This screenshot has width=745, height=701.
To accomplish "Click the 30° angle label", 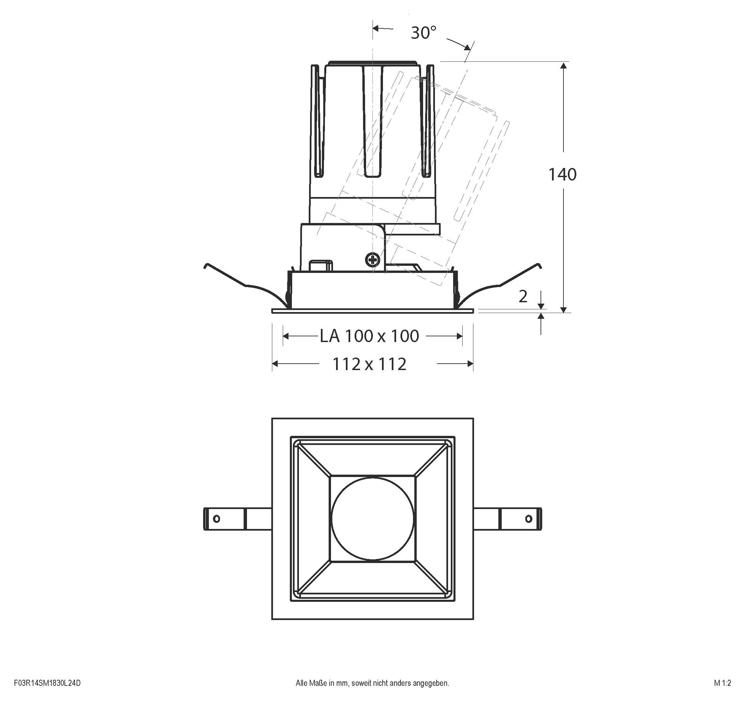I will tap(423, 33).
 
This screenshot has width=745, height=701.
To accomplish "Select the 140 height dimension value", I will tap(562, 175).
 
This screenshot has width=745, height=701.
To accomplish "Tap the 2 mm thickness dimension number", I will tap(523, 297).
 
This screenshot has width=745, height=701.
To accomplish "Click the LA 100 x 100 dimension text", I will tap(369, 336).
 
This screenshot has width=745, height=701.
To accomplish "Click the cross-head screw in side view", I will tap(373, 259).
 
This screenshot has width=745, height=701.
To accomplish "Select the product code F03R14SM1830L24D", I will tap(47, 683).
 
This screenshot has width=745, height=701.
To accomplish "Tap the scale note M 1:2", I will tap(722, 683).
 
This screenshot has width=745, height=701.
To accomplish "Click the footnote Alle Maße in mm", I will tap(372, 683).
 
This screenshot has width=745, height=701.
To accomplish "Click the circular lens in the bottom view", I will tap(373, 519).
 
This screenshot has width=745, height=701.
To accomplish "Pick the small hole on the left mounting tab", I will tap(216, 519).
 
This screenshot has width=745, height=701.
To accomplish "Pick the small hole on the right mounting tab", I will tap(529, 519).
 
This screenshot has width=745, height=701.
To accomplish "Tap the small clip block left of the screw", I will tap(321, 265).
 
